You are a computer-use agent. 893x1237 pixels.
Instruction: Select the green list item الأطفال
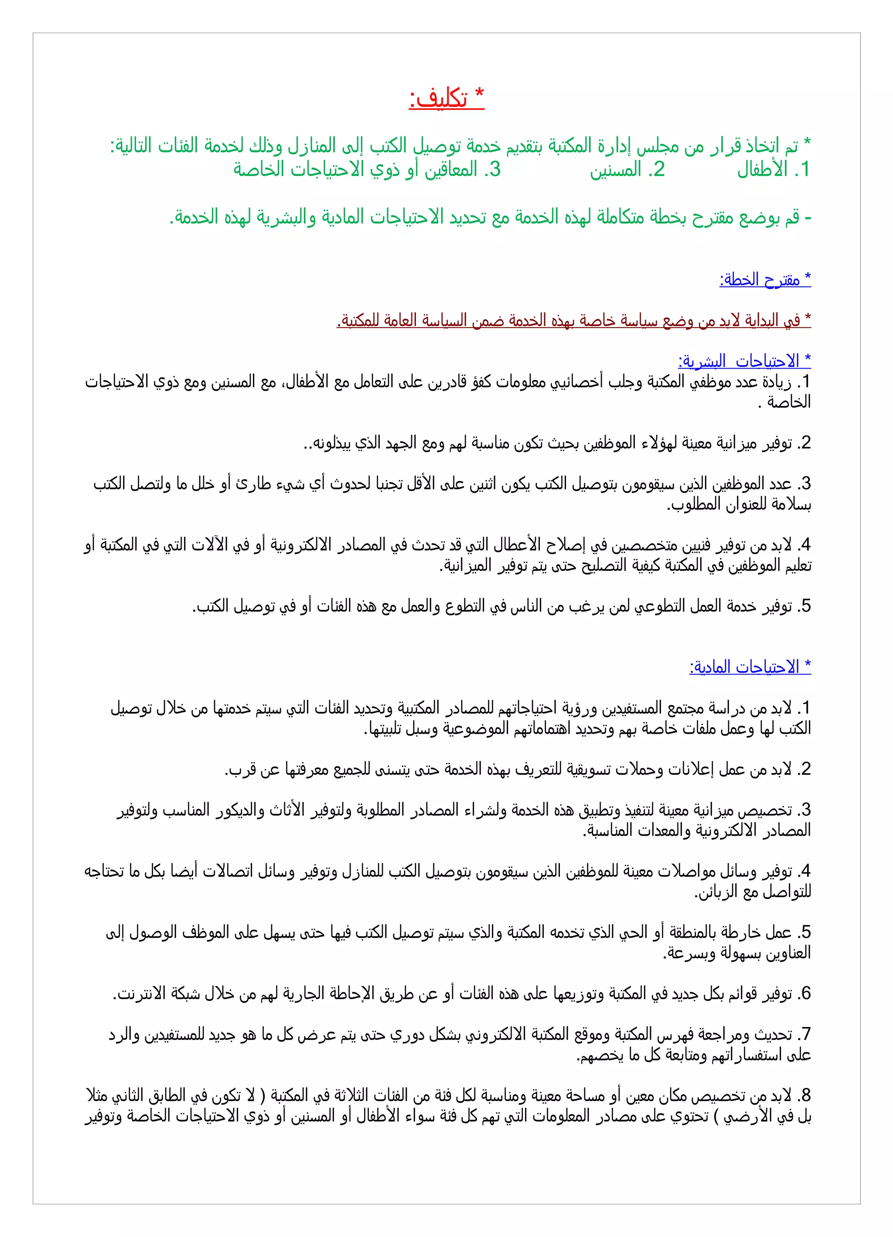[762, 169]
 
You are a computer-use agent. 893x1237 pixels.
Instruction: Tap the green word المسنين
[615, 169]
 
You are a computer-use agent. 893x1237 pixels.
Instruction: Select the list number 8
[805, 1095]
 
